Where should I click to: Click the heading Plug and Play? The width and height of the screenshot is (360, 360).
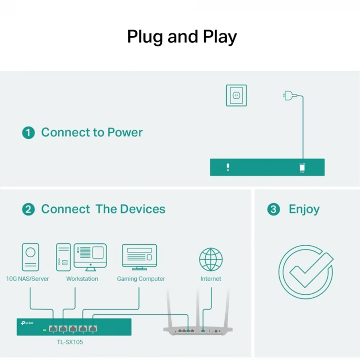[x=182, y=37]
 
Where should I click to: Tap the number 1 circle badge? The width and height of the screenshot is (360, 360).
[x=28, y=133]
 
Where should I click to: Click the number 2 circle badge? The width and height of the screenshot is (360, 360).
[x=28, y=210]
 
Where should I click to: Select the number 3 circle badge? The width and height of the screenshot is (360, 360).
[x=274, y=210]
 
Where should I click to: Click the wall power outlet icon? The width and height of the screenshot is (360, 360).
[x=236, y=95]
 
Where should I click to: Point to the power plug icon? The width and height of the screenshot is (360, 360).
[x=289, y=95]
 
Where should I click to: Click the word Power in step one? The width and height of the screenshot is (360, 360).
[x=125, y=133]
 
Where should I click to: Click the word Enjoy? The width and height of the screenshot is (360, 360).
[x=304, y=210]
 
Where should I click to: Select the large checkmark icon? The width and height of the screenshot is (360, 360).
[x=306, y=272]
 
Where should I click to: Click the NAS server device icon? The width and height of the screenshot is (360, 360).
[x=30, y=257]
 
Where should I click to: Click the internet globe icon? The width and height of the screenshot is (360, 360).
[x=211, y=259]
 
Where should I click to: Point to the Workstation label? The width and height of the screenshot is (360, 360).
[x=82, y=279]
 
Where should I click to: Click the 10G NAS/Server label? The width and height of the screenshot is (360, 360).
[x=27, y=279]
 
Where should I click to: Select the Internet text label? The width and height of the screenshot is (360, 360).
[x=211, y=279]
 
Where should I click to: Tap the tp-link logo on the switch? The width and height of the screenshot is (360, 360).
[x=27, y=323]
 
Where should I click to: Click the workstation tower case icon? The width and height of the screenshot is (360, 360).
[x=63, y=257]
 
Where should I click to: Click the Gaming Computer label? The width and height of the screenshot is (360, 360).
[x=141, y=279]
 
